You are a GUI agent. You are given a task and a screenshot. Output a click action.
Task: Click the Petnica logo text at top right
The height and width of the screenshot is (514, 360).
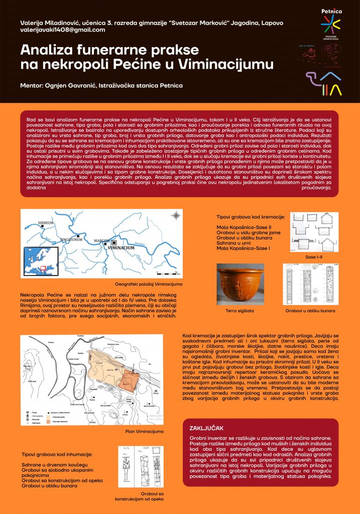pyautogui.click(x=331, y=11)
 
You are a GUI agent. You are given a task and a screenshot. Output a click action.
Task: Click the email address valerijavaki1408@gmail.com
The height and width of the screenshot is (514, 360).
pyautogui.click(x=63, y=30)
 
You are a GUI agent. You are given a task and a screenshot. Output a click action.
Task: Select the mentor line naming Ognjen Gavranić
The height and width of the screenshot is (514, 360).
pyautogui.click(x=101, y=85)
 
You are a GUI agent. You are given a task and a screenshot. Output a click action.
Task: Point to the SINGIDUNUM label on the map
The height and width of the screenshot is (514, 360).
pyautogui.click(x=71, y=240)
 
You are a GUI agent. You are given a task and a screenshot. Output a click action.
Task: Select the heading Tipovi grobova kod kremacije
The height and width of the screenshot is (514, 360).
pyautogui.click(x=251, y=217)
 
